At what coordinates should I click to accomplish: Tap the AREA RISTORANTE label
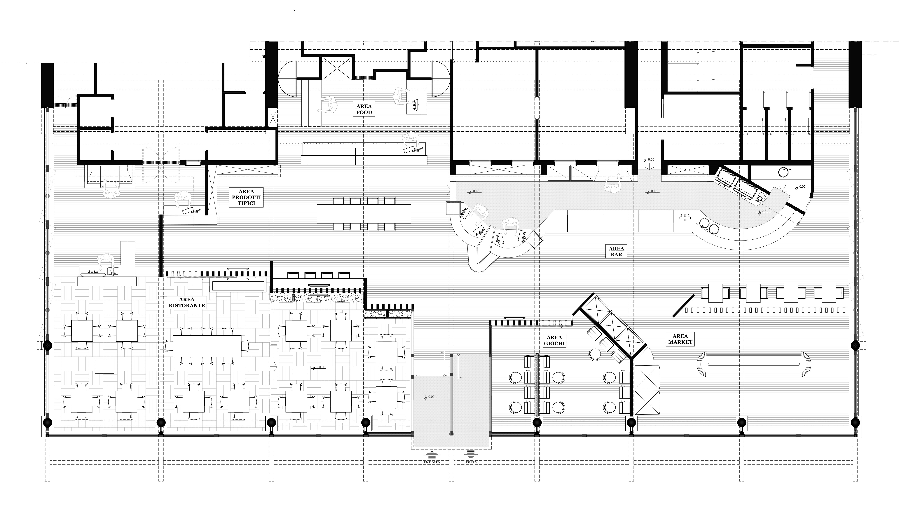pyautogui.click(x=187, y=302)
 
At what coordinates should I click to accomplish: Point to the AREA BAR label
pyautogui.click(x=616, y=251)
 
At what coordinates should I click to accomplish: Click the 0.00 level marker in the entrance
pyautogui.click(x=429, y=397)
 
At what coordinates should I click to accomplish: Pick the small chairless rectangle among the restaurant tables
pyautogui.click(x=104, y=366)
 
